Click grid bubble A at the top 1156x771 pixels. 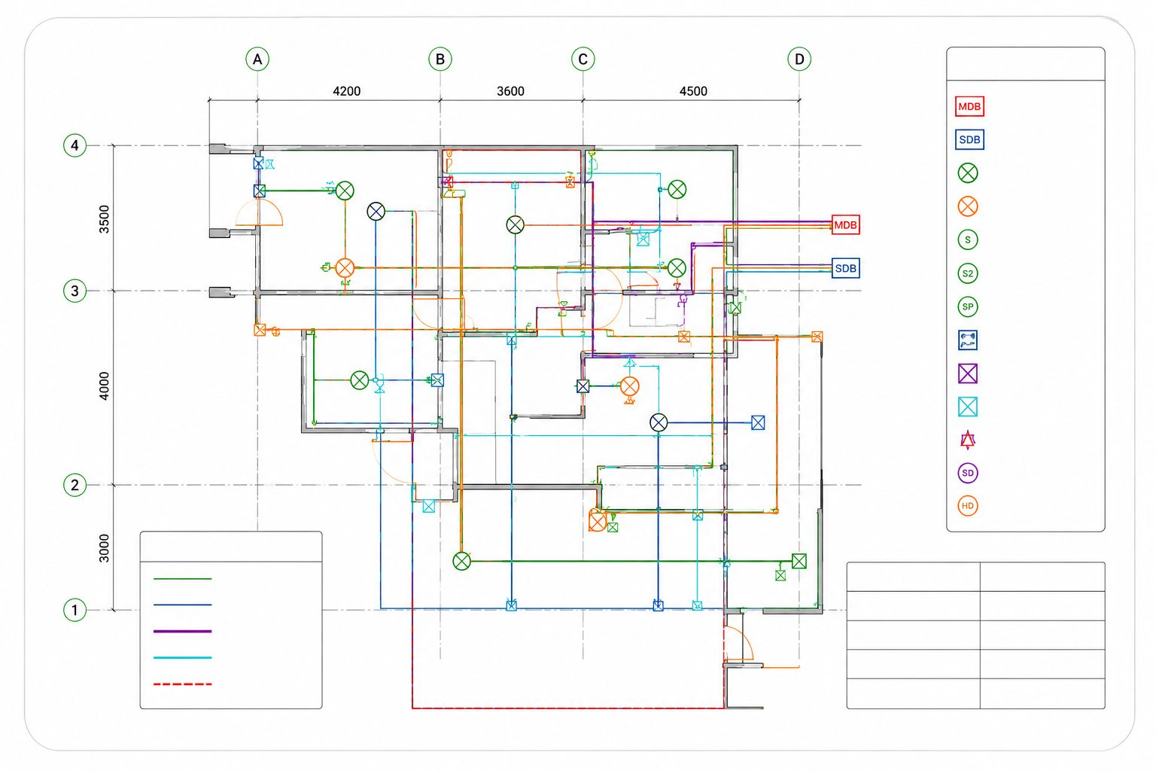[257, 59]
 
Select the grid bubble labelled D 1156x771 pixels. [799, 59]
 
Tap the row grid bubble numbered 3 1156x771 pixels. [75, 291]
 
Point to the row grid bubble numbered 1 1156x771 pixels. [75, 610]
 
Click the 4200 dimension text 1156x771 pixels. [347, 91]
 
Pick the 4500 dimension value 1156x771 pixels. [693, 91]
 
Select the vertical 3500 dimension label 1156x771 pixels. [105, 219]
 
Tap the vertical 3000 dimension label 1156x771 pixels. [105, 548]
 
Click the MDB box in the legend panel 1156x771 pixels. [969, 106]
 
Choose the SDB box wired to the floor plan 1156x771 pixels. [846, 268]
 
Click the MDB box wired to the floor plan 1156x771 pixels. [846, 224]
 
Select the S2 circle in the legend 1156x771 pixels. [968, 273]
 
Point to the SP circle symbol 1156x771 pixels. [968, 306]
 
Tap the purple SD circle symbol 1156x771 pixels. [968, 473]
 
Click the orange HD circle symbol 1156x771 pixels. [968, 506]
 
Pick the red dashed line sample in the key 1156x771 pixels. [183, 684]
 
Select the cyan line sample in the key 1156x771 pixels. [183, 658]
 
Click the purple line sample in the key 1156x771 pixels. [183, 632]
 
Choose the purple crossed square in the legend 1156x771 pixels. [968, 373]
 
